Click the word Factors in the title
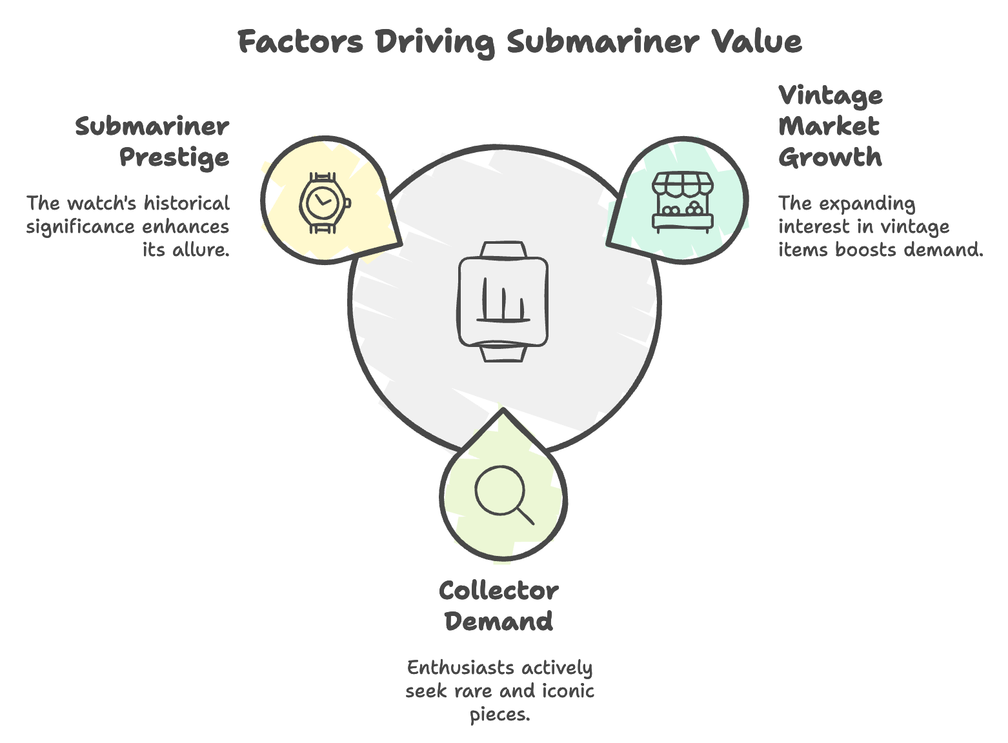[x=300, y=43]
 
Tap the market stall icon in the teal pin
[x=683, y=202]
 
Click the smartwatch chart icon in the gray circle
[x=503, y=301]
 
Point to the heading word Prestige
[x=174, y=158]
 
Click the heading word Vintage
[x=831, y=96]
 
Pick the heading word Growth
[x=830, y=158]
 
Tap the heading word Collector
[x=498, y=591]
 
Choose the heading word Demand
[x=498, y=622]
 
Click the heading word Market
[x=829, y=127]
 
